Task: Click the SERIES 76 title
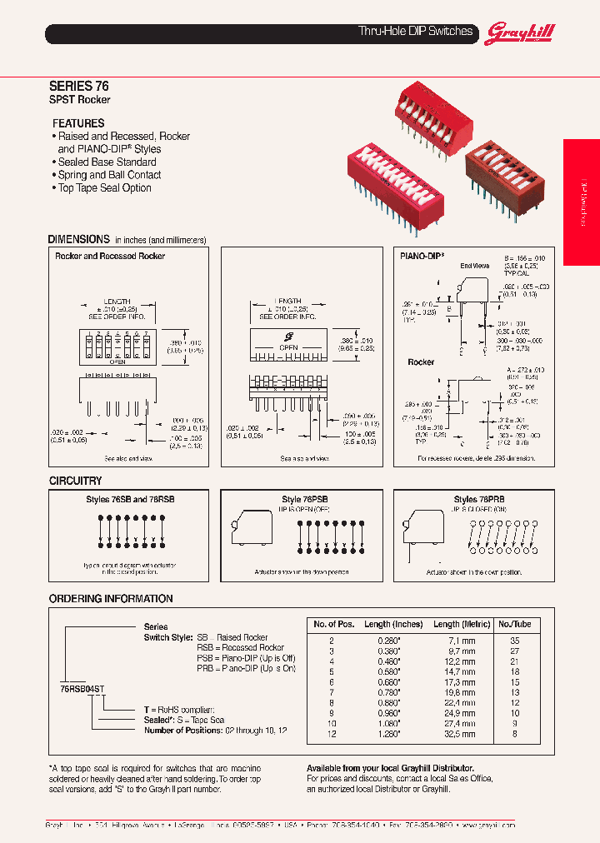coord(78,86)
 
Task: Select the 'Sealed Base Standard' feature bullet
coord(107,162)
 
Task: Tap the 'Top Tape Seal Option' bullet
coord(104,188)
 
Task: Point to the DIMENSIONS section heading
coord(78,239)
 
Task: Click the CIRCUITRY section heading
coord(75,481)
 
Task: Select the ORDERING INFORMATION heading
coord(111,599)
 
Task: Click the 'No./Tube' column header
coord(514,624)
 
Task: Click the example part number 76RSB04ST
coord(82,690)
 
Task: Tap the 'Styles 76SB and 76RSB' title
coord(132,499)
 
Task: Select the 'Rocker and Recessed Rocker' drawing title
coord(110,257)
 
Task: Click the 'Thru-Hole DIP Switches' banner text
coord(415,32)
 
